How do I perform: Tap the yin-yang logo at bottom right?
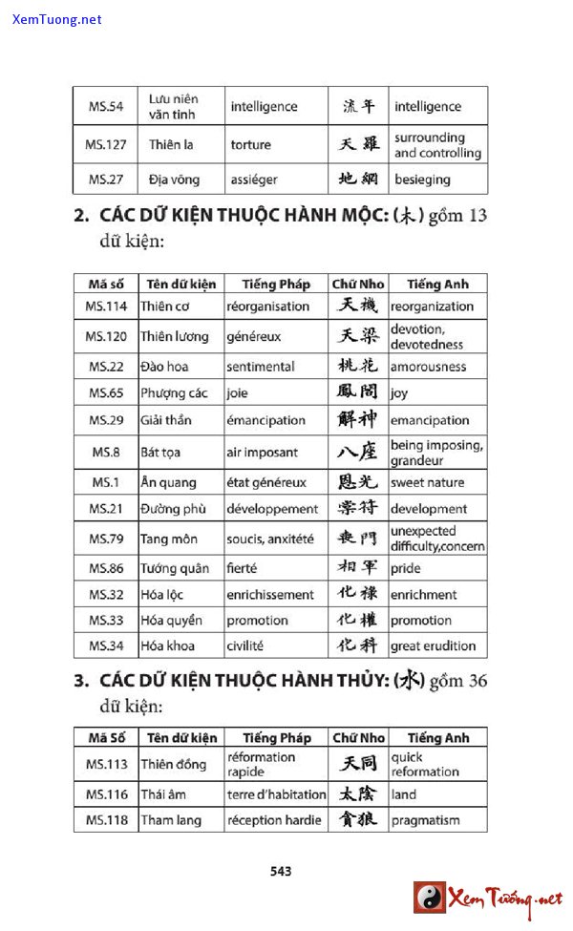click(430, 898)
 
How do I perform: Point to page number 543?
click(281, 871)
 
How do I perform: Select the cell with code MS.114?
click(106, 307)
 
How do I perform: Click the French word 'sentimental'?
click(261, 367)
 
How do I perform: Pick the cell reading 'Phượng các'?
click(174, 392)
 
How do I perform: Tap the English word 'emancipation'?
click(430, 420)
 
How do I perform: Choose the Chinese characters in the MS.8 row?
click(357, 452)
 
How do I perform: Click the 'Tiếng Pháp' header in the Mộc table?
click(276, 284)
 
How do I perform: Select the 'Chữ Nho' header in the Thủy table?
click(358, 737)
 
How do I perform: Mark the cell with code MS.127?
click(106, 145)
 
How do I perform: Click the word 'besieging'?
click(422, 180)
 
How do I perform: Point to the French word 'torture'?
click(250, 145)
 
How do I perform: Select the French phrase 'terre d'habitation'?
click(276, 794)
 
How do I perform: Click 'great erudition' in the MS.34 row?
click(433, 646)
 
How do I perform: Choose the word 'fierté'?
click(242, 568)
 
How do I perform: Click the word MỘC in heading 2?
click(350, 216)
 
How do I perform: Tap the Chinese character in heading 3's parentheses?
click(410, 681)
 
